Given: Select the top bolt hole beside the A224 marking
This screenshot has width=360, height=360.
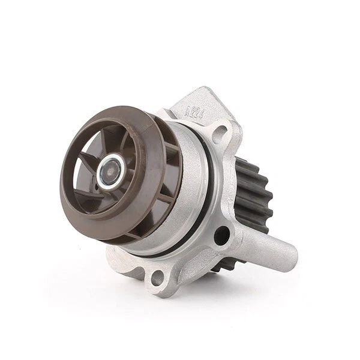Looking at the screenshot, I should (219, 133).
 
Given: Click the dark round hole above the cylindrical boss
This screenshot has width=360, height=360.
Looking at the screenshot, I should (221, 235).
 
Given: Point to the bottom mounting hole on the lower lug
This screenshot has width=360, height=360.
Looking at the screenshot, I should (157, 277).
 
